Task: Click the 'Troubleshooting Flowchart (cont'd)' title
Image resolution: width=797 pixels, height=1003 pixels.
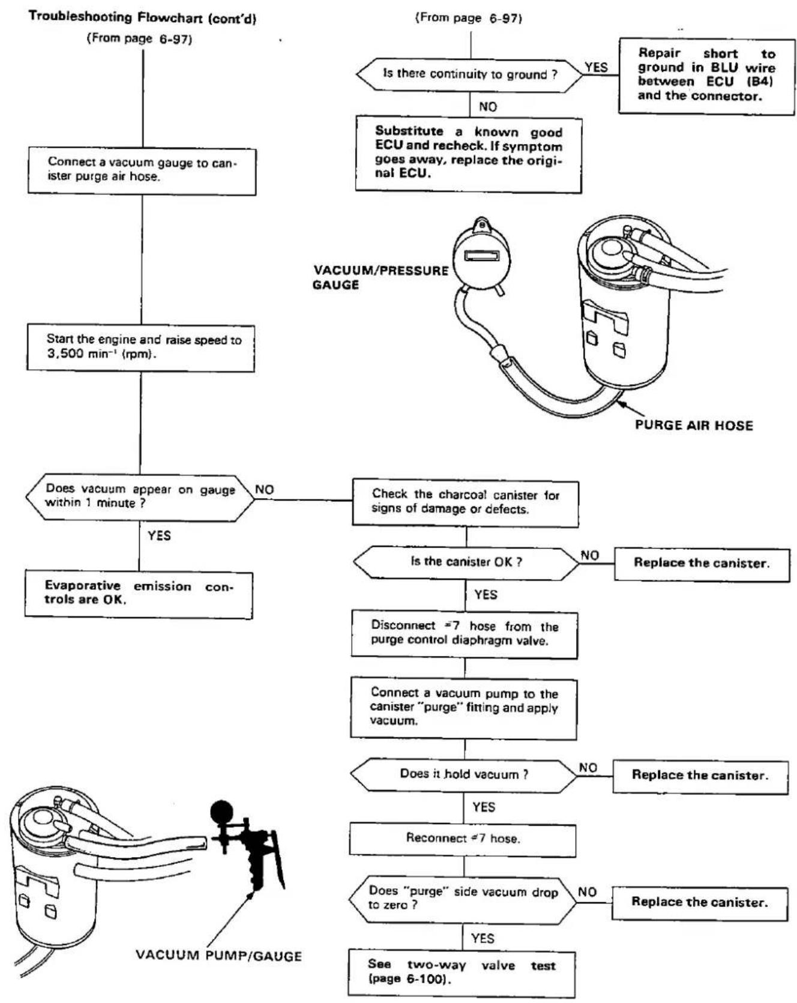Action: click(x=142, y=18)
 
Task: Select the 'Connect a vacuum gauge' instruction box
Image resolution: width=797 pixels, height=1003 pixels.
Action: click(x=142, y=172)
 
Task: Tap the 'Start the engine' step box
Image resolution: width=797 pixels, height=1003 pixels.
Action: click(x=141, y=348)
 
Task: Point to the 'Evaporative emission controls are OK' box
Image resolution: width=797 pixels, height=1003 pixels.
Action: click(x=139, y=594)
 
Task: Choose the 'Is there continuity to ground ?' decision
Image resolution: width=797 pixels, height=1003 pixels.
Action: click(x=470, y=75)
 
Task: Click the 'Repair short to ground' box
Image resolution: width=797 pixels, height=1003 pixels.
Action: click(x=706, y=76)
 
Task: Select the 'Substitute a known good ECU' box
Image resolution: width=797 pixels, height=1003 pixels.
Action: click(x=469, y=154)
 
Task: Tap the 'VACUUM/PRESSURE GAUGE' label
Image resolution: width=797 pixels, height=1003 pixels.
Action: click(x=380, y=277)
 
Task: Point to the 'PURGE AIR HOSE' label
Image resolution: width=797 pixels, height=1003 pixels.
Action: click(x=694, y=426)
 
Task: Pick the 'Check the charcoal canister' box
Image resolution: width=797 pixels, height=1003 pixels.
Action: click(x=466, y=503)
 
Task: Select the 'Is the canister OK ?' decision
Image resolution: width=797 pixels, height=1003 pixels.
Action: click(x=466, y=562)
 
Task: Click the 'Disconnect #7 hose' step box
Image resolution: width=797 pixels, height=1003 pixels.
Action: click(x=465, y=635)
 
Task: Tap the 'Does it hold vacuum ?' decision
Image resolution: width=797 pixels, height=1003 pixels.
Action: click(x=464, y=774)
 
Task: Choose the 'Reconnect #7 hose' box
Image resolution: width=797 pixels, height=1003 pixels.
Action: click(x=463, y=839)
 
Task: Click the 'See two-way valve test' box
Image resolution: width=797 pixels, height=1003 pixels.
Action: click(x=462, y=972)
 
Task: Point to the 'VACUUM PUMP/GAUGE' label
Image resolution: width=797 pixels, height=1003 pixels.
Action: click(x=218, y=956)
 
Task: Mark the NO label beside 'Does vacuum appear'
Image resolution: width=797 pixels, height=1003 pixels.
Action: click(x=265, y=489)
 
